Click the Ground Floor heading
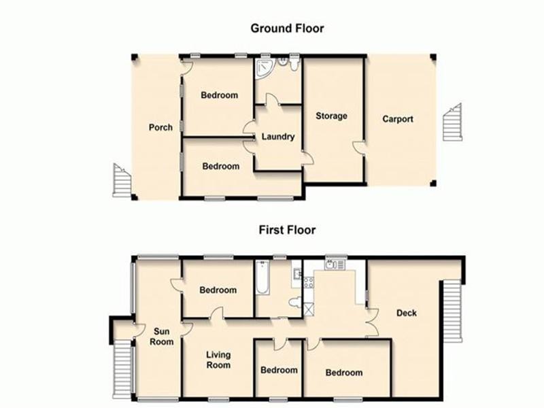[287, 29]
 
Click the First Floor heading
[287, 231]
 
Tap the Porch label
[161, 127]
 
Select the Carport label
[398, 119]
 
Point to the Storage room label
[331, 116]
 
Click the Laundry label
[278, 137]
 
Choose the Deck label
[407, 313]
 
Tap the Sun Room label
[162, 337]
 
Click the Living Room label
[219, 360]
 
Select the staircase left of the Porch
[122, 180]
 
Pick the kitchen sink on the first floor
[335, 266]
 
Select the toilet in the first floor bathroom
[295, 302]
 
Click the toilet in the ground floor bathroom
[292, 65]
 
